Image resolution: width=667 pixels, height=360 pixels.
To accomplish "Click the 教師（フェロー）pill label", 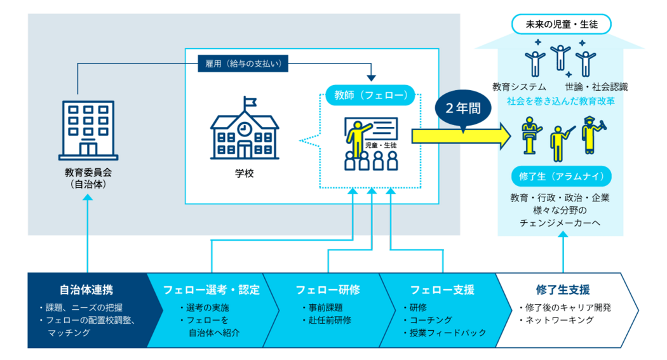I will [370, 95].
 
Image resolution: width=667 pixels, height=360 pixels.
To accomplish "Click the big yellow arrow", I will [461, 136].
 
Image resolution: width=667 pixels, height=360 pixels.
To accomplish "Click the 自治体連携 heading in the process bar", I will [87, 290].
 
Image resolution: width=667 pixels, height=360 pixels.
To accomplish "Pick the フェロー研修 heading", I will [328, 290].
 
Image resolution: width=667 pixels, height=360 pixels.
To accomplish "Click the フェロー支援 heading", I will [442, 290].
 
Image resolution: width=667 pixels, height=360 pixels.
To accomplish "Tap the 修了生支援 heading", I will [563, 290].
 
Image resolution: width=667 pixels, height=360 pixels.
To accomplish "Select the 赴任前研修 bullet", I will [327, 320].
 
